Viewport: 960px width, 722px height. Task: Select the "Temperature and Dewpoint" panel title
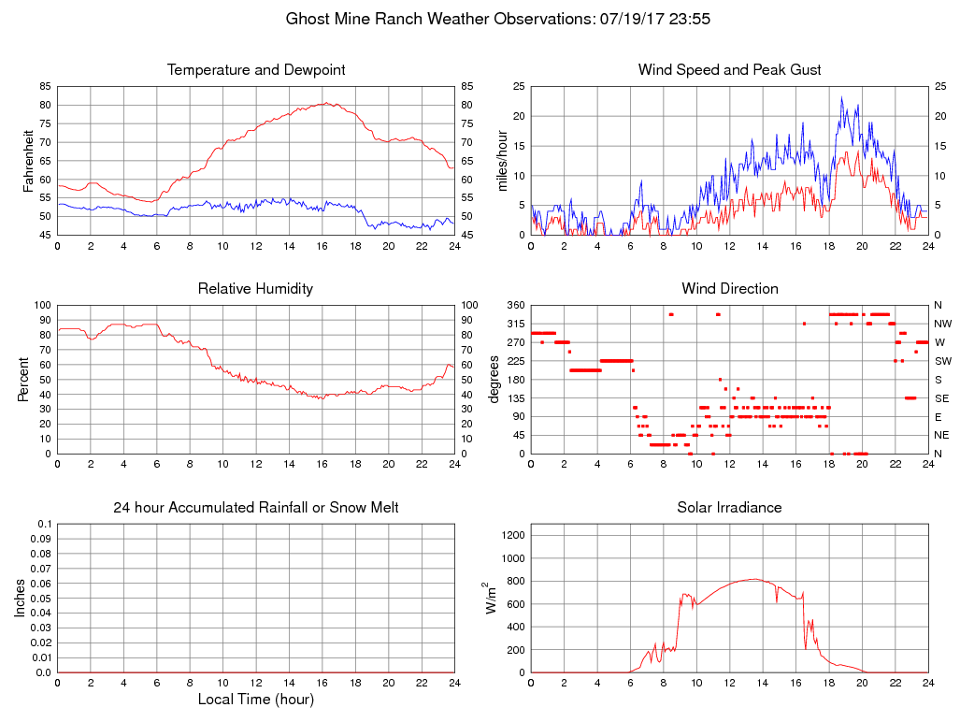click(256, 70)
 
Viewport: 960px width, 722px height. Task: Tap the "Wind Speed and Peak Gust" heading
click(730, 70)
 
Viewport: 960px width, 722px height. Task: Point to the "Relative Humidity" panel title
click(256, 289)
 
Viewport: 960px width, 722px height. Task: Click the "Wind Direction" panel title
click(730, 289)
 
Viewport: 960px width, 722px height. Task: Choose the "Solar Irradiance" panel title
click(730, 508)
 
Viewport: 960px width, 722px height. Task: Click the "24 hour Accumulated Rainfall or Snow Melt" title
click(256, 508)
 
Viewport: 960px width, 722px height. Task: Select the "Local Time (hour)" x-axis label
click(256, 700)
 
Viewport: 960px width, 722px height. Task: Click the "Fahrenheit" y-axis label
click(29, 161)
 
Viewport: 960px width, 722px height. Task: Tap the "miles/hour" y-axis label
click(501, 161)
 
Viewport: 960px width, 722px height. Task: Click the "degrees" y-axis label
click(494, 380)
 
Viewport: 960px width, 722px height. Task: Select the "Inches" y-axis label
click(21, 599)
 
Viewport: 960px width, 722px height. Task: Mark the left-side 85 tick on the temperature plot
click(45, 86)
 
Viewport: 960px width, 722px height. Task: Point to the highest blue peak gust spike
click(841, 97)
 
